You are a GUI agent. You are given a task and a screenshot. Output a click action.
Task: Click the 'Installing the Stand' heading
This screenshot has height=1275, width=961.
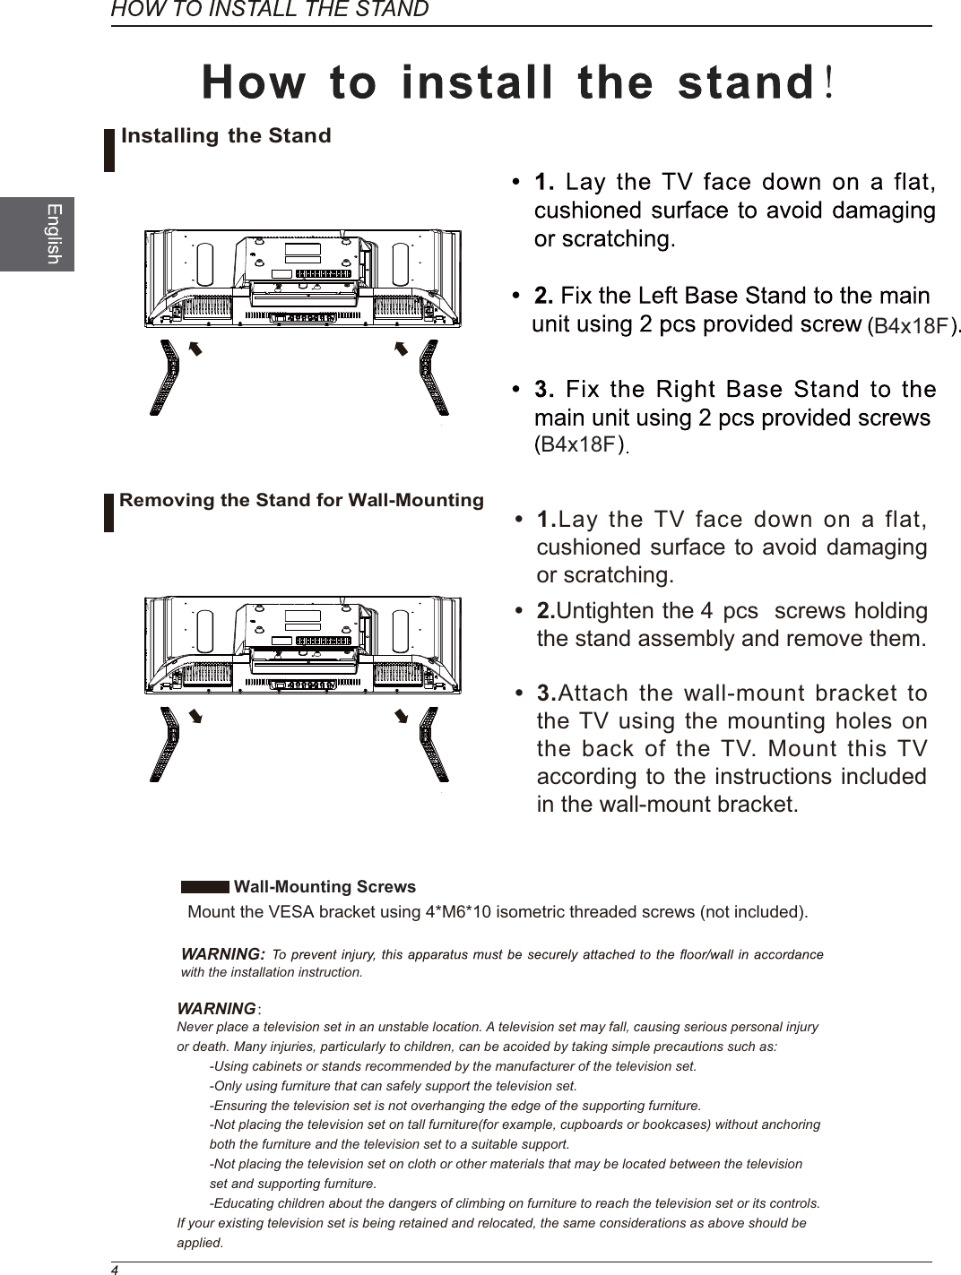click(x=226, y=136)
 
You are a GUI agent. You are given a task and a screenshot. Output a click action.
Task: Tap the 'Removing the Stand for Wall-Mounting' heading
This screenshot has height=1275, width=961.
click(x=301, y=500)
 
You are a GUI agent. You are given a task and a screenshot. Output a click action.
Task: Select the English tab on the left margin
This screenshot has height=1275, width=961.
click(x=53, y=234)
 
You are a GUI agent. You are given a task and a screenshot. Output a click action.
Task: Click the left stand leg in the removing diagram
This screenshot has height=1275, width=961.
click(x=165, y=744)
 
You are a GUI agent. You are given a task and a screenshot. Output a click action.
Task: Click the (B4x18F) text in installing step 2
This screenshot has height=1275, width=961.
click(x=911, y=326)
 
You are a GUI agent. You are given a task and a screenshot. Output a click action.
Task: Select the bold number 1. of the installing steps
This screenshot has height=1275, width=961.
click(x=544, y=183)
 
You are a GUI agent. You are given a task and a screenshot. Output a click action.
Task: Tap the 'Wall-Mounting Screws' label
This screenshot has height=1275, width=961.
click(x=325, y=887)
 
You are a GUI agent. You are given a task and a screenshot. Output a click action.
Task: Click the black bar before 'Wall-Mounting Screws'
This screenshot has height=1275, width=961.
click(x=204, y=887)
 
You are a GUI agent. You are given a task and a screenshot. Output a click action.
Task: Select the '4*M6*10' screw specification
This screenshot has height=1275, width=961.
click(x=455, y=913)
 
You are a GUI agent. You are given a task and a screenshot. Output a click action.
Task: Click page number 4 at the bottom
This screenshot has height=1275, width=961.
click(x=115, y=1269)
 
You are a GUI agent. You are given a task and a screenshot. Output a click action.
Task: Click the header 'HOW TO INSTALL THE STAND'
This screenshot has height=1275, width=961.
click(x=269, y=10)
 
